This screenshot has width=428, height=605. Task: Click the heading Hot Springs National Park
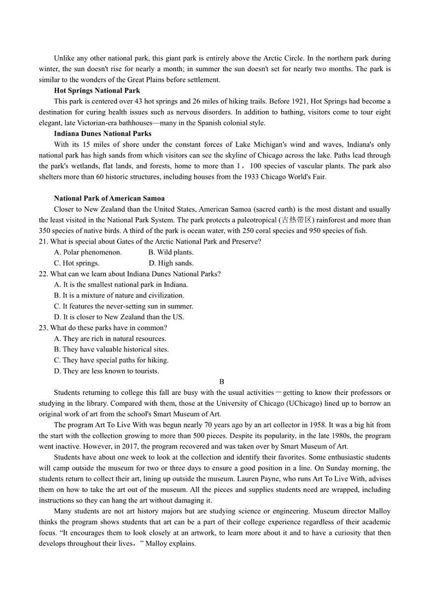point(97,91)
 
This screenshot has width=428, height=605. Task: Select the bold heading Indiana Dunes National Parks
point(102,134)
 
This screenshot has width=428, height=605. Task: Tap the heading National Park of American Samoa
point(109,198)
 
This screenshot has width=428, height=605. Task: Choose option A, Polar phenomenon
point(88,252)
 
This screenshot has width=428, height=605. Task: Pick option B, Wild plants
point(171,252)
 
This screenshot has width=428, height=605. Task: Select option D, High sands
point(171,263)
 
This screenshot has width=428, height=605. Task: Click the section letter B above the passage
point(214,381)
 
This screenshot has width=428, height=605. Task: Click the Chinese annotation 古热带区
point(296,220)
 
